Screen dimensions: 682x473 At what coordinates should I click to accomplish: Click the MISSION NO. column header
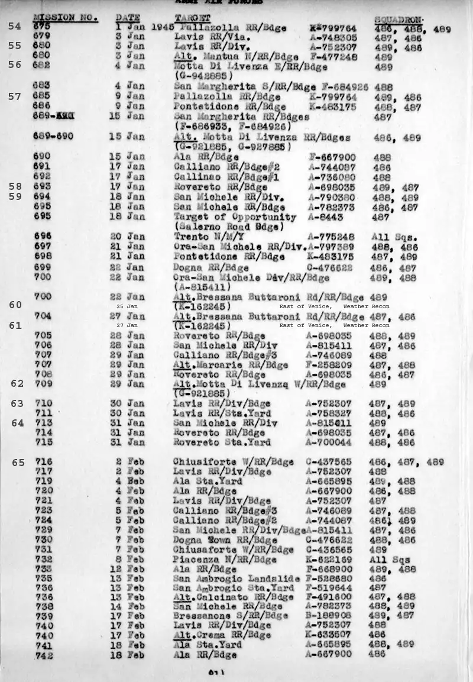click(65, 18)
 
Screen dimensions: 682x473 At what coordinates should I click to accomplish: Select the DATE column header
click(128, 18)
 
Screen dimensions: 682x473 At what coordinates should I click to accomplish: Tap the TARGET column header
click(193, 18)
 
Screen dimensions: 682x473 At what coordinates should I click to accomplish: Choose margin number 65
click(18, 462)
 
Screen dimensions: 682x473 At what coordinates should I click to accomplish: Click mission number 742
click(44, 655)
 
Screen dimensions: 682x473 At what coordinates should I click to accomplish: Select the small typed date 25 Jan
click(127, 306)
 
